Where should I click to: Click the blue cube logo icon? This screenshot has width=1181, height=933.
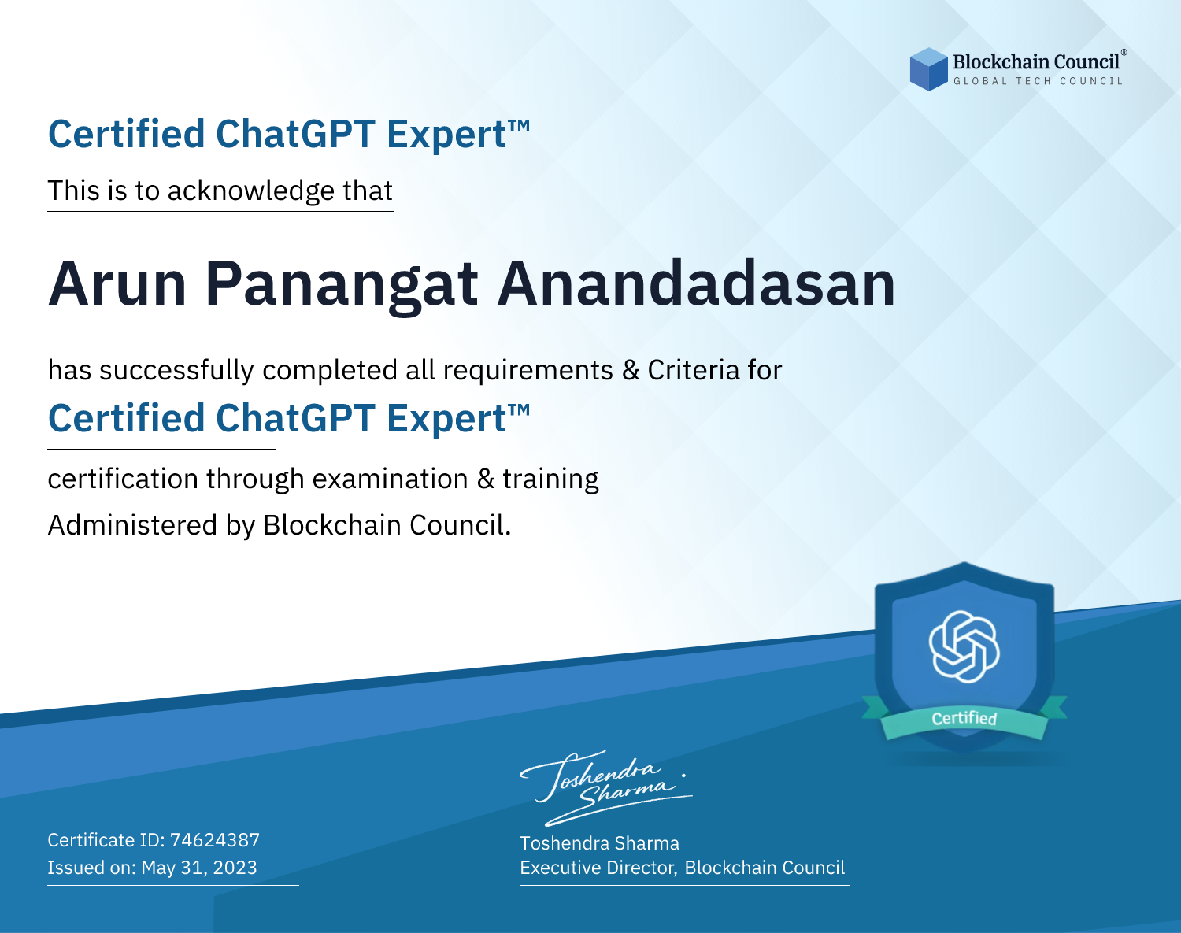click(928, 68)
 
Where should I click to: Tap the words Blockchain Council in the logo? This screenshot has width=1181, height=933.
click(1036, 62)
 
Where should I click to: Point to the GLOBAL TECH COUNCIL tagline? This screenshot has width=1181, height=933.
click(1038, 81)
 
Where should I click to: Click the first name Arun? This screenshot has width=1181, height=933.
click(117, 283)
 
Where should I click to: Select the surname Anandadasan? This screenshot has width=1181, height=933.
click(697, 283)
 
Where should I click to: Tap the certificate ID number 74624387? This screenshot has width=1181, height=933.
click(215, 839)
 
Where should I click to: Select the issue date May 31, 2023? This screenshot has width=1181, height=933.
click(199, 867)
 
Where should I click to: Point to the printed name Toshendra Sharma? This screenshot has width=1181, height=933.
click(599, 843)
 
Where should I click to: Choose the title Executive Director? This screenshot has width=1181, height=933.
click(598, 868)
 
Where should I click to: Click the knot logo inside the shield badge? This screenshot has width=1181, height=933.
click(964, 646)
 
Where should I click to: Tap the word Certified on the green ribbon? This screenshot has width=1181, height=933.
click(964, 718)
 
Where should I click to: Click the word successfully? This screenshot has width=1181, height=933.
click(176, 371)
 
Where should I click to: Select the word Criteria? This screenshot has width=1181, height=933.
click(693, 370)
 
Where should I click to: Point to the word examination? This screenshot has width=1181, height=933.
click(391, 479)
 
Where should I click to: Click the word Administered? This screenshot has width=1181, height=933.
click(132, 525)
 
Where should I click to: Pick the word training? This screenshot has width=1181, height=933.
click(550, 479)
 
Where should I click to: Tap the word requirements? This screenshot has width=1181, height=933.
click(528, 371)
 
